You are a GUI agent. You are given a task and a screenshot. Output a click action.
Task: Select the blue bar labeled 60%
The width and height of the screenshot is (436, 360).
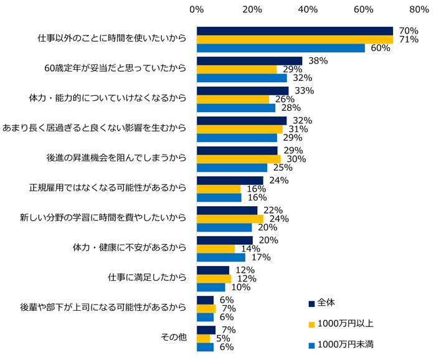point(280,48)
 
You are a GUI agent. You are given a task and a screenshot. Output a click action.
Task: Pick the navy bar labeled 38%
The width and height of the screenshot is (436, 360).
point(249,61)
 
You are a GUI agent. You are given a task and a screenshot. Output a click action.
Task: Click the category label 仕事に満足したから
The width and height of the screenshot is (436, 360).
point(147,278)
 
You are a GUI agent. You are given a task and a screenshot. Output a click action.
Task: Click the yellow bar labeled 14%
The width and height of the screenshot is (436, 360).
point(216,249)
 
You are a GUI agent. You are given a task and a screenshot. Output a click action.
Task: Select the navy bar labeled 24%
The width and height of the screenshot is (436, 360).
point(230,181)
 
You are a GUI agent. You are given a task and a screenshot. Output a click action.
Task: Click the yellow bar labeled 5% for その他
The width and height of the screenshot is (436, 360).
point(203,338)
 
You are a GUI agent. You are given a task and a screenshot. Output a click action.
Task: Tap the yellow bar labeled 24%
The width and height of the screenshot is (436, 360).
point(230,219)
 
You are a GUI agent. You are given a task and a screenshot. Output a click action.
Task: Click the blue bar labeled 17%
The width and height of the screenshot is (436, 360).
point(220,257)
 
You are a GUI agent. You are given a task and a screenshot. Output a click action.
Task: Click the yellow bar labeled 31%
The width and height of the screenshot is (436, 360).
point(239,129)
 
